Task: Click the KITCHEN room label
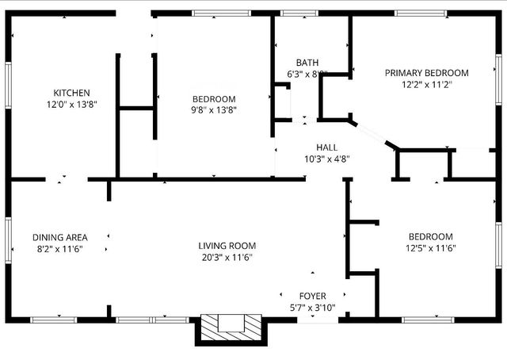[71, 93]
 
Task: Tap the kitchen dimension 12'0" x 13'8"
[71, 104]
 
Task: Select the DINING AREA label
[59, 237]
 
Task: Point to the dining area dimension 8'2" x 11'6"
[59, 248]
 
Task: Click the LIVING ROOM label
[227, 246]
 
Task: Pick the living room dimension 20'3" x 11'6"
[227, 257]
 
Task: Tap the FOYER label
[311, 297]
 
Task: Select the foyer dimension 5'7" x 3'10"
[311, 308]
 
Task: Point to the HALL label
[326, 147]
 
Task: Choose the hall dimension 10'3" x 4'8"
[326, 159]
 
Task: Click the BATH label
[307, 63]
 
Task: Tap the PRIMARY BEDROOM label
[426, 73]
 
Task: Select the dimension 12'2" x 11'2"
[426, 84]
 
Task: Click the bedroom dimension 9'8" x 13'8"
[214, 110]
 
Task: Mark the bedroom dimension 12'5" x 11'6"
[430, 248]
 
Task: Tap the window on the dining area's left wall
[9, 237]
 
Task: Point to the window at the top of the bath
[295, 13]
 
